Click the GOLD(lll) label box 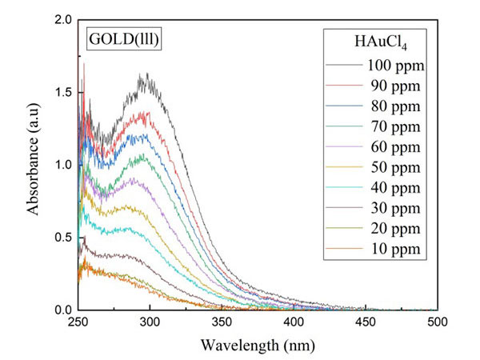coord(125,38)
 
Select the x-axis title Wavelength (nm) coord(257,346)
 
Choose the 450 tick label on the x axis coord(365,322)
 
